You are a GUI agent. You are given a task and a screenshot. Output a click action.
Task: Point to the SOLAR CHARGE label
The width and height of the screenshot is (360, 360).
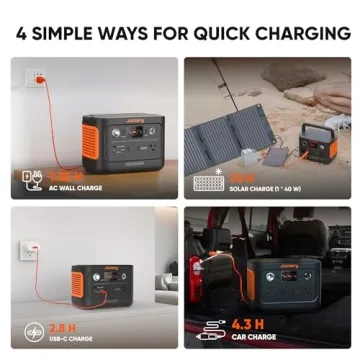[268, 188]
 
